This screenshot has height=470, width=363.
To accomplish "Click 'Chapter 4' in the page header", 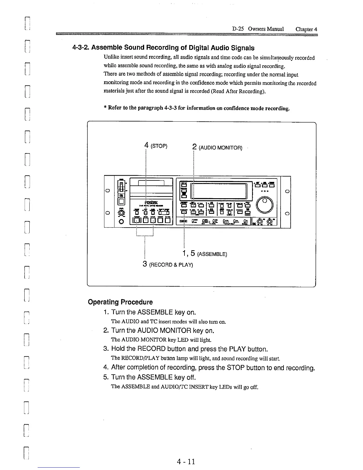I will coord(306,29).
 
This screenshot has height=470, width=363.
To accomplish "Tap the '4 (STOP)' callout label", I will coord(156,146).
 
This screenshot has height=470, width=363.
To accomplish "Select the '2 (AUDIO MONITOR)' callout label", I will coord(217,147).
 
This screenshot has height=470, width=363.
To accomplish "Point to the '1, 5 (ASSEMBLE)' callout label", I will coord(205,254).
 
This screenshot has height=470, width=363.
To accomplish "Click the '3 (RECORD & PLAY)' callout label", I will coord(168,264).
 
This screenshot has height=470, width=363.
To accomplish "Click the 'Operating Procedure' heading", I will coord(120,302).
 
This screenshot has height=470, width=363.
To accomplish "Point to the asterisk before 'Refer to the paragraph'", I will coord(105,108).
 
